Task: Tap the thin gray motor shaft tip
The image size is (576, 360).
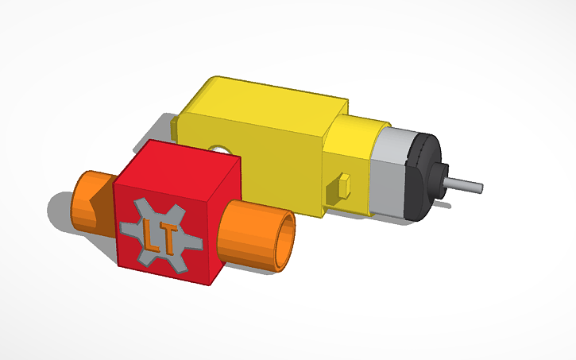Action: pos(478,188)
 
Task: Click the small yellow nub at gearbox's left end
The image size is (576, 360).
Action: pos(174,126)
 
